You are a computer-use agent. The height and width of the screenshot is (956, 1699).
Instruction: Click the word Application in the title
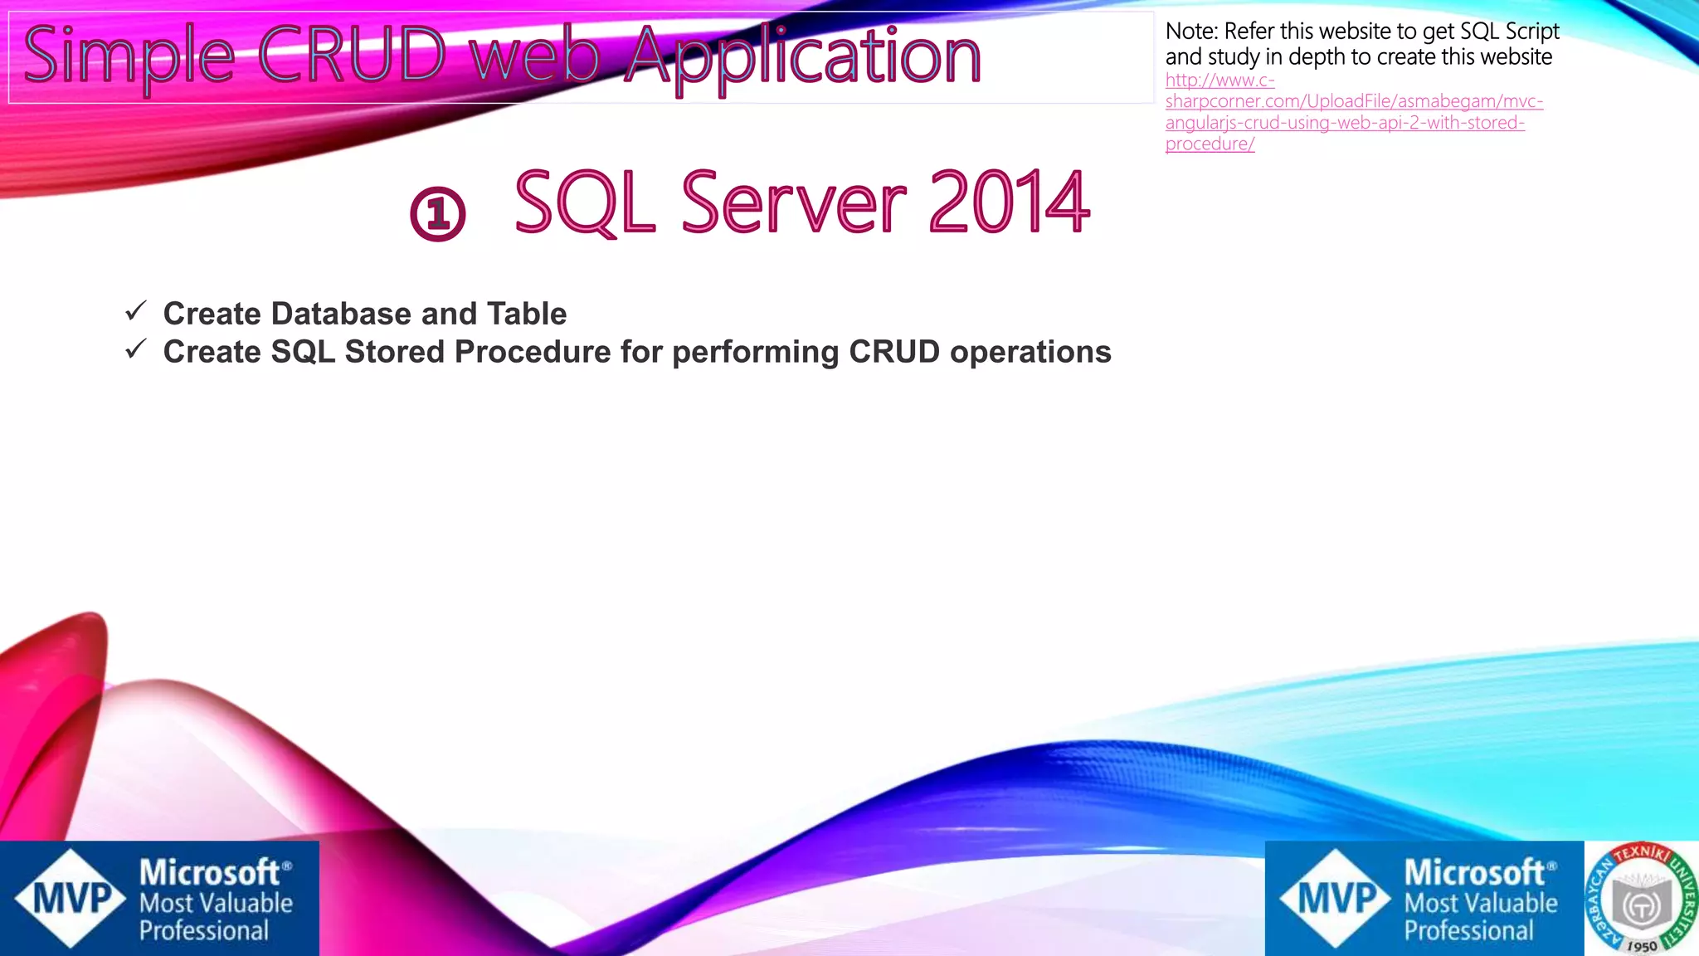(x=802, y=56)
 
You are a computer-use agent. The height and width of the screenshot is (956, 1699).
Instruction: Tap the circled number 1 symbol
(x=438, y=214)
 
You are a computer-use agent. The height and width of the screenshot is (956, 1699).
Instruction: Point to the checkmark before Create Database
(x=136, y=311)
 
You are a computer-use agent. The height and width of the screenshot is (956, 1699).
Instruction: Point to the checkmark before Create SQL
(x=136, y=349)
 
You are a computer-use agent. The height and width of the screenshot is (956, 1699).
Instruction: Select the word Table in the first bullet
(x=527, y=314)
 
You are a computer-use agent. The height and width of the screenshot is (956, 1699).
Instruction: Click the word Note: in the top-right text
(x=1191, y=32)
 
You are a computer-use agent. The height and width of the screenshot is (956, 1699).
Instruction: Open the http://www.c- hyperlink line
(x=1219, y=80)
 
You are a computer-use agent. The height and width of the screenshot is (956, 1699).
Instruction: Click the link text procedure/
(x=1210, y=144)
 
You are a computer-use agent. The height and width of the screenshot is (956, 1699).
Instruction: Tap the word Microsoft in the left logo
(x=209, y=872)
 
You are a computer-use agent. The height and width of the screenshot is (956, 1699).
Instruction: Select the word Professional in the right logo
(x=1468, y=930)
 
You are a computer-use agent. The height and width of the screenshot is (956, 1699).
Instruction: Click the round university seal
(x=1640, y=898)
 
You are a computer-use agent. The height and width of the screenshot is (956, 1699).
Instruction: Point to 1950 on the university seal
(x=1641, y=945)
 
